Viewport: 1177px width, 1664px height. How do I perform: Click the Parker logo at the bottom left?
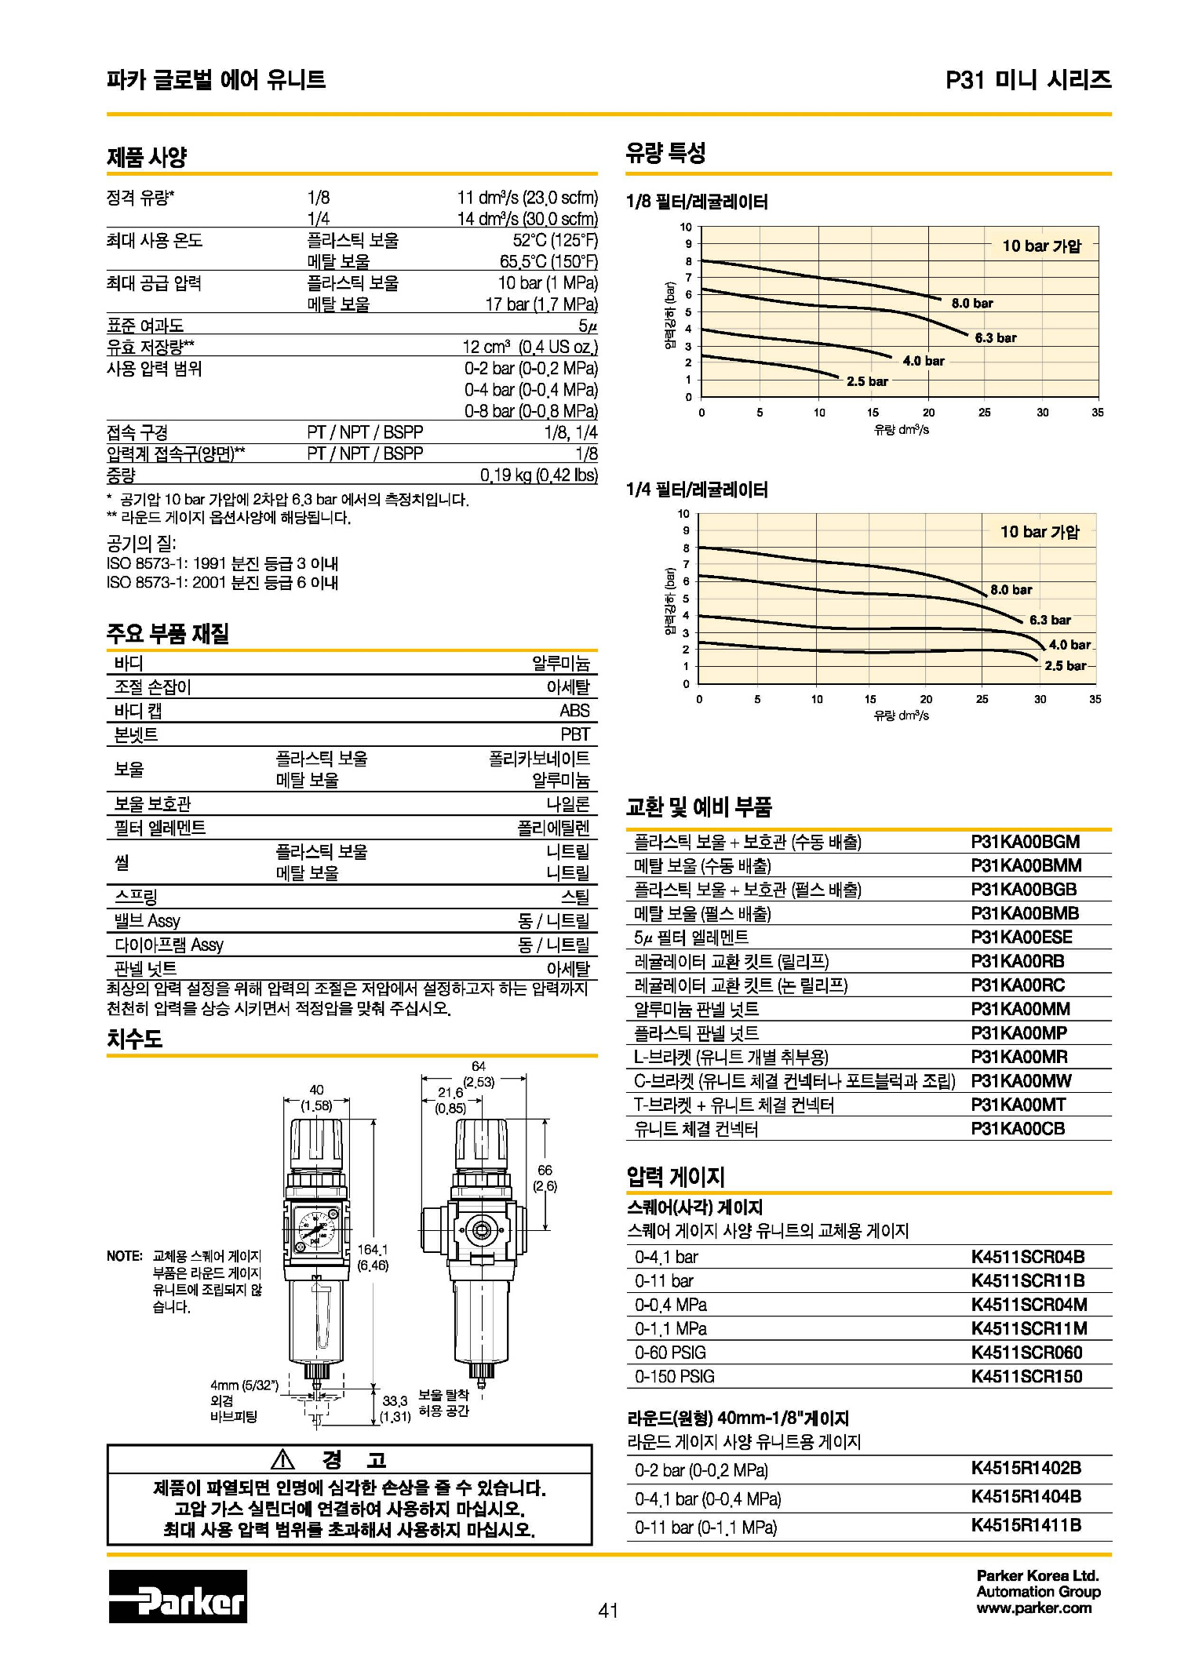tap(177, 1597)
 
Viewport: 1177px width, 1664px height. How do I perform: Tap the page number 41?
tap(608, 1611)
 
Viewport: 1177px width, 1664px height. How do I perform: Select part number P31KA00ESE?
tap(1021, 938)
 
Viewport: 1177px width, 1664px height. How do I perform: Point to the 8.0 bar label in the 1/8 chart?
tap(972, 304)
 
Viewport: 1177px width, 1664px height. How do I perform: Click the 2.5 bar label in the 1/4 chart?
tap(1065, 666)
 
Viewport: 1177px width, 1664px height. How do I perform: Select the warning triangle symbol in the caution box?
tap(282, 1460)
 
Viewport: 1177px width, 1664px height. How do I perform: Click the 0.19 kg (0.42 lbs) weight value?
tap(538, 475)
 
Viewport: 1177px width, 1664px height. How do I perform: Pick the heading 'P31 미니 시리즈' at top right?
tap(1028, 79)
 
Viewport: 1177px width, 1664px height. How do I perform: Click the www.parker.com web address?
tap(1033, 1608)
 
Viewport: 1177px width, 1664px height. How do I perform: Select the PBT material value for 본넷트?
tap(574, 734)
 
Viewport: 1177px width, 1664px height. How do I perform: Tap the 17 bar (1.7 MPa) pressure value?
tap(541, 304)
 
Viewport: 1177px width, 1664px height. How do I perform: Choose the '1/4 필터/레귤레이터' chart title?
tap(697, 490)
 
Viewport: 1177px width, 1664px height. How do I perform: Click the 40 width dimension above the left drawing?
tap(316, 1090)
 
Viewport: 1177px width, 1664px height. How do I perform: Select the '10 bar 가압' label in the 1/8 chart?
tap(1041, 246)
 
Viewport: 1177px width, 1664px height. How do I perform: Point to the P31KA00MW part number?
tap(1021, 1081)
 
